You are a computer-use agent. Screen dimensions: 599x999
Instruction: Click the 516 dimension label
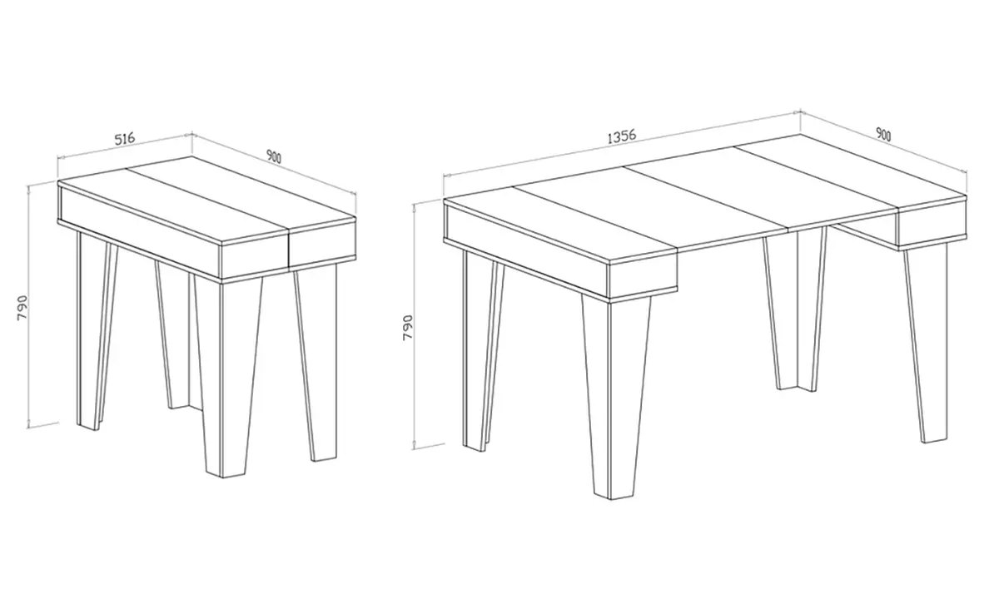pos(123,139)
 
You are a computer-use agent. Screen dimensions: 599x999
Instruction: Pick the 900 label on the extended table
pos(883,134)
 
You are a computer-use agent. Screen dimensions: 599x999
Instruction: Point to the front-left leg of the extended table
pos(476,349)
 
